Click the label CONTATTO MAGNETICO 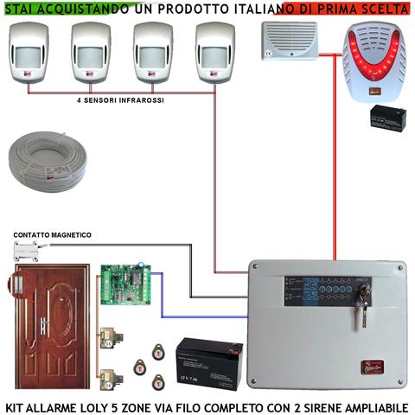52,235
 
